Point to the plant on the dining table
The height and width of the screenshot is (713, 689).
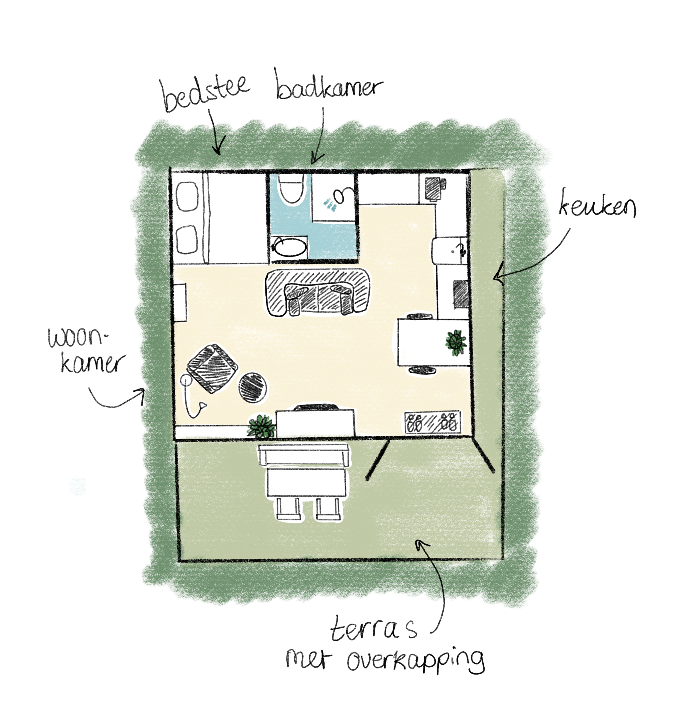click(x=456, y=342)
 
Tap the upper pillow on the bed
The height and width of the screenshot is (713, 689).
click(x=187, y=197)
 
